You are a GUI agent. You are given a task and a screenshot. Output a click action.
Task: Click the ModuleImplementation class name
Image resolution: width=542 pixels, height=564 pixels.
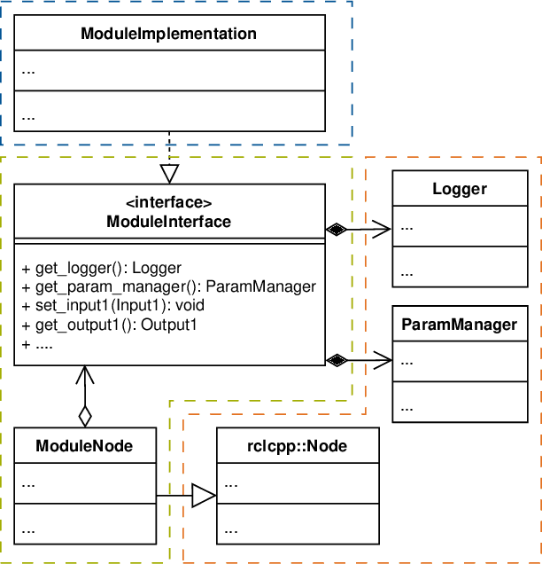pyautogui.click(x=168, y=35)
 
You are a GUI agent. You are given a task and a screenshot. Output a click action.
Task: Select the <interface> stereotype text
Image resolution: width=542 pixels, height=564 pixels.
pyautogui.click(x=168, y=203)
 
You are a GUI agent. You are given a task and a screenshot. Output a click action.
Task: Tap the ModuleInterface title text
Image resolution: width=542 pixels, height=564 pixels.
pyautogui.click(x=168, y=222)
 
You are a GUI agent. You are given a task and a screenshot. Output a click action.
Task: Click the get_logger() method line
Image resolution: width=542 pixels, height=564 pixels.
pyautogui.click(x=101, y=268)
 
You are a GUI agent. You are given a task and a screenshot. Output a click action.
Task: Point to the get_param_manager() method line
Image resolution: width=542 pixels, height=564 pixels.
pyautogui.click(x=168, y=286)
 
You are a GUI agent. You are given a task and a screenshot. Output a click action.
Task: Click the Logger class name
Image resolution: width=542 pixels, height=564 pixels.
pyautogui.click(x=460, y=189)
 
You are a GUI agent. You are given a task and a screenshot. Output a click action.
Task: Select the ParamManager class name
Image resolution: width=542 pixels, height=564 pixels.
pyautogui.click(x=460, y=324)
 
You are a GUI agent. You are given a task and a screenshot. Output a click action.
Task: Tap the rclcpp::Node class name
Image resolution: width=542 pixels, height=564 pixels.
pyautogui.click(x=297, y=445)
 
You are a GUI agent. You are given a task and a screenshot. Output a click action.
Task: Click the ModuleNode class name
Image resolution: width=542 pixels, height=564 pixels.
pyautogui.click(x=84, y=445)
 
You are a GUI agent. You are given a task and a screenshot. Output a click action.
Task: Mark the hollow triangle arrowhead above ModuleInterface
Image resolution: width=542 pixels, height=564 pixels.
pyautogui.click(x=168, y=172)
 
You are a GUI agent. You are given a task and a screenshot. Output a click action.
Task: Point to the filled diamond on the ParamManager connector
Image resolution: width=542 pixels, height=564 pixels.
pyautogui.click(x=336, y=359)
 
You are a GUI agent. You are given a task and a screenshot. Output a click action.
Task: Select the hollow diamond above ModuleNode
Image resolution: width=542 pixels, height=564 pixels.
pyautogui.click(x=84, y=414)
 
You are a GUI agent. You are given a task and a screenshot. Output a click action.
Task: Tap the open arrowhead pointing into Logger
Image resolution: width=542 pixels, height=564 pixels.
pyautogui.click(x=384, y=230)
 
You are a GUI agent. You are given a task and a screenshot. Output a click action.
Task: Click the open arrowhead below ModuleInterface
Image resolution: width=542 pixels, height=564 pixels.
pyautogui.click(x=84, y=373)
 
